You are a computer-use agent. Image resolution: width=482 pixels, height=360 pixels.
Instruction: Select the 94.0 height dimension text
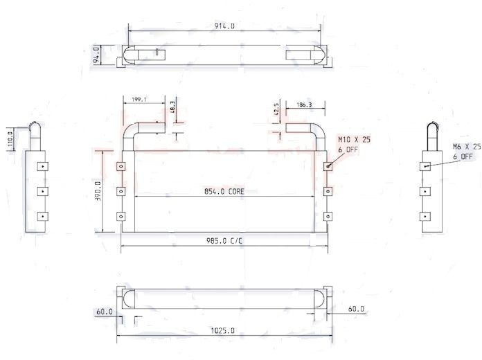(x=97, y=55)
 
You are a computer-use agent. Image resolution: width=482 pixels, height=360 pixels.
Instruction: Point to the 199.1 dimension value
(x=138, y=100)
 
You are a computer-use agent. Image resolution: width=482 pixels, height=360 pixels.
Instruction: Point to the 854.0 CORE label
(x=224, y=192)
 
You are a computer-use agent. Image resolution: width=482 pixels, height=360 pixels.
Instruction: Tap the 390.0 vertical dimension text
(x=98, y=192)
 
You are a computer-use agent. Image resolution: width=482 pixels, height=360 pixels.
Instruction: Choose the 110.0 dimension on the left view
(x=10, y=137)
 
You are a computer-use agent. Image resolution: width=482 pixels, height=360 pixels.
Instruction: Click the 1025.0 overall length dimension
(x=223, y=332)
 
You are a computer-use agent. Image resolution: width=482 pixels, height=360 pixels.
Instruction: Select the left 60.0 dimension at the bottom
(x=105, y=312)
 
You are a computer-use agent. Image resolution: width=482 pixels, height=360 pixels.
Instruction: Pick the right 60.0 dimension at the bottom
(x=355, y=309)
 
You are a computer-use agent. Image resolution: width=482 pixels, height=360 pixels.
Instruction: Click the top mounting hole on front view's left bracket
(x=120, y=166)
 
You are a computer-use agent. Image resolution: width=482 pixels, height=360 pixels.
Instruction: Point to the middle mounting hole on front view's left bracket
(x=120, y=191)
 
